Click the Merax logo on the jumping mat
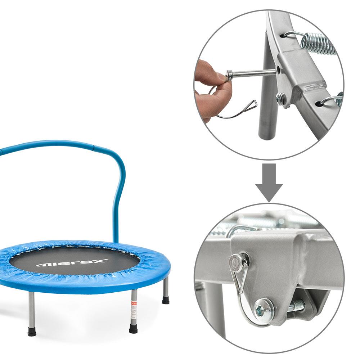pyautogui.click(x=72, y=264)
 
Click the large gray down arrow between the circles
pyautogui.click(x=269, y=182)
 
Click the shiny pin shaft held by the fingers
pyautogui.click(x=252, y=73)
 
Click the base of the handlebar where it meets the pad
pyautogui.click(x=116, y=240)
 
